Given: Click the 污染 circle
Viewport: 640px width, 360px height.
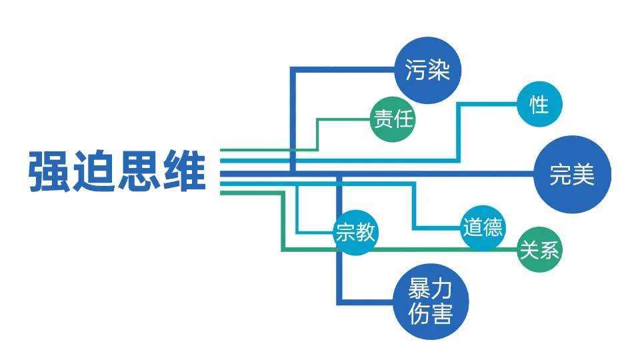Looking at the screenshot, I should (x=428, y=69).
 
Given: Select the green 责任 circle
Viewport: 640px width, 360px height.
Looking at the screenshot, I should (x=393, y=120).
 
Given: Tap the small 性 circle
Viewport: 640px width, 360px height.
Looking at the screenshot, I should (x=539, y=104).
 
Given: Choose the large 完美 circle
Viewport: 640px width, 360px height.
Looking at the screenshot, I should (x=572, y=175).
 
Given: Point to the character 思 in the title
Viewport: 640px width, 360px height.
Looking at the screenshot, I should (x=139, y=172).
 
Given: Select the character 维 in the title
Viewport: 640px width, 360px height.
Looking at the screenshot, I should (x=183, y=172).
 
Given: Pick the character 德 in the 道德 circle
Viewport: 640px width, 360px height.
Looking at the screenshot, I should (x=493, y=228).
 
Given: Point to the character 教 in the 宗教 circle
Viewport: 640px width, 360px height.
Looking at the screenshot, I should (x=366, y=233).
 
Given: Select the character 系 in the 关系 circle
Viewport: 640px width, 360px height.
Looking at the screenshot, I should (x=550, y=251).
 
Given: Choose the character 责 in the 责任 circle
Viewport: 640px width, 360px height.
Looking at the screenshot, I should (x=383, y=120).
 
